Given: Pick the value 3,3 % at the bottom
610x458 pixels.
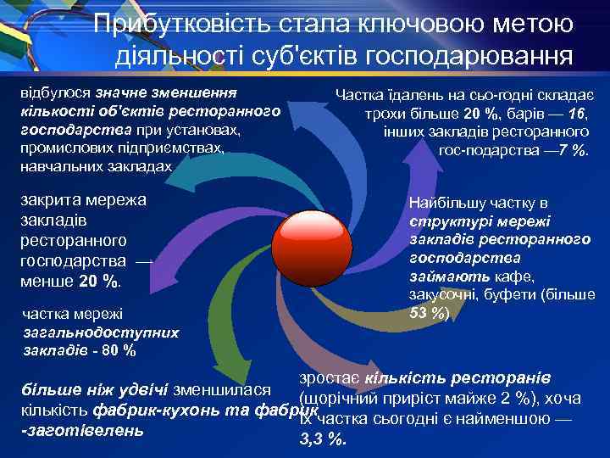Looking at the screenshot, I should coord(323,438).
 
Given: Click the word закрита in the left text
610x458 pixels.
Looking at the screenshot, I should coord(54,200).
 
